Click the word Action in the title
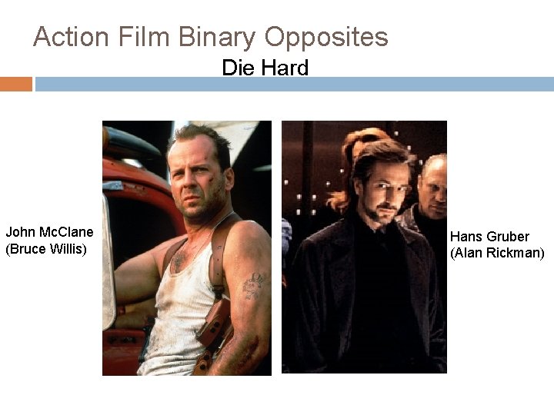72,37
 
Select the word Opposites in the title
326,37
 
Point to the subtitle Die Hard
265,68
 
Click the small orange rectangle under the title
15,84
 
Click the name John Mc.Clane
49,232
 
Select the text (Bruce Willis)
46,249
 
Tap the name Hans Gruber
489,237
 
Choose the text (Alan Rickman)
497,253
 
